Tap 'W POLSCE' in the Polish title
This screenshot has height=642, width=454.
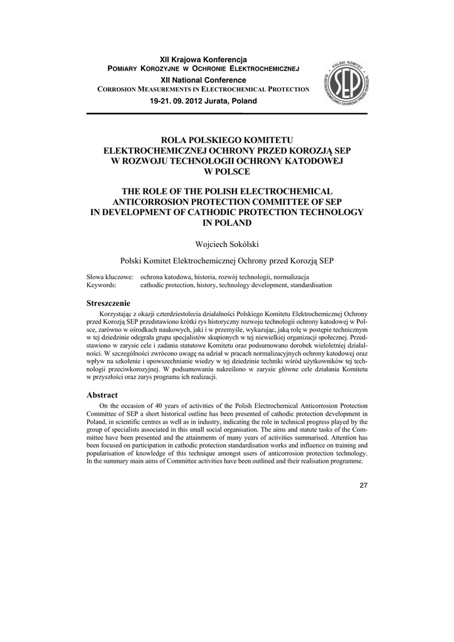pos(226,171)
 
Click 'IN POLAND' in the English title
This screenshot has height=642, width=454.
pos(226,223)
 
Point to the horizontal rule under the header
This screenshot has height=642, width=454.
pos(226,113)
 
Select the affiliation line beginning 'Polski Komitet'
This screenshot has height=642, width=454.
pos(226,260)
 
